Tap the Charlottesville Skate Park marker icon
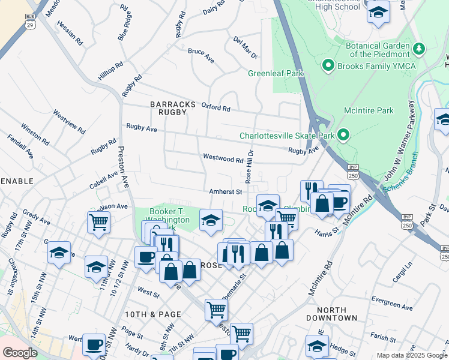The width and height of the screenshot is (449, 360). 343,135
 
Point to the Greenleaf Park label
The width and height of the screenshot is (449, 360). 276,74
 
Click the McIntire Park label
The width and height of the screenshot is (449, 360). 368,110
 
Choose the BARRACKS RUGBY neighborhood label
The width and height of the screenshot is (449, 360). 173,108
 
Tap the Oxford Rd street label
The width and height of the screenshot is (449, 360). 215,108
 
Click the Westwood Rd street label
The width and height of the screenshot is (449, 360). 223,160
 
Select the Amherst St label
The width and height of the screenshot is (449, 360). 225,192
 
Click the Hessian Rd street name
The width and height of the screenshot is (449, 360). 70,34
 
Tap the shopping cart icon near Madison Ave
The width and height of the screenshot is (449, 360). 98,221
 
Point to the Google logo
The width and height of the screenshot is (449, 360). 20,353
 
